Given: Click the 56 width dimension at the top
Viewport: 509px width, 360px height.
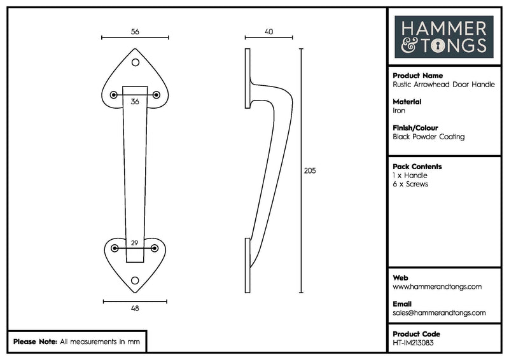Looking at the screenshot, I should coord(135,31).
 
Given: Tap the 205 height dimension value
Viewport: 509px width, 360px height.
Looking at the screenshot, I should coord(310,170).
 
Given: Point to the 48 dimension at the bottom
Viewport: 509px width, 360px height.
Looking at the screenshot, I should coord(134,308).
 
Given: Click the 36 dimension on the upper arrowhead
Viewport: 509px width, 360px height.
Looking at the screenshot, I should coord(135,102).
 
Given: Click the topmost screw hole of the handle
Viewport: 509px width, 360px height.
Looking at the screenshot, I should coord(135,63).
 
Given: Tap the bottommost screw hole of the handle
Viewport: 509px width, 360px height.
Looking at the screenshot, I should coord(134,280).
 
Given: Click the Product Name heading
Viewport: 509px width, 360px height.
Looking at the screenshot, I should coord(417,75).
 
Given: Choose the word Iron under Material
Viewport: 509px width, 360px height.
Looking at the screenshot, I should coord(399,111).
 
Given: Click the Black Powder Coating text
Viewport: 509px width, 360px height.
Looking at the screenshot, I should coord(429,137).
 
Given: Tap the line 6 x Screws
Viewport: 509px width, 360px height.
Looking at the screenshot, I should coord(410,184).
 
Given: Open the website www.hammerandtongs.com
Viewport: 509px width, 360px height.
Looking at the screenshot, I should coord(437,287).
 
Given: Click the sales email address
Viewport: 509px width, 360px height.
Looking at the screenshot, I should coord(439,313).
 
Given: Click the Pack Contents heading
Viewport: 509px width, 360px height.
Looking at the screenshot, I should coord(417,167).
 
